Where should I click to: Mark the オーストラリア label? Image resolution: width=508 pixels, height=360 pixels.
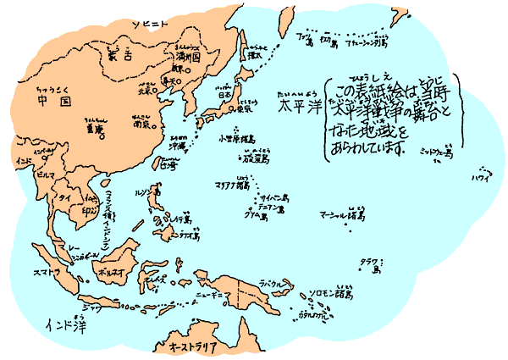click(x=193, y=346)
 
